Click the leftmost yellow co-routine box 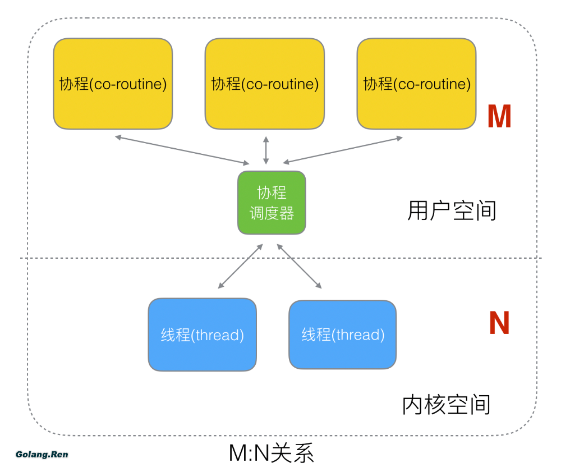tap(113, 84)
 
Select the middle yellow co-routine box tap(265, 84)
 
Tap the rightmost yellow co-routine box tap(416, 84)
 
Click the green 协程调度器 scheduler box tap(272, 203)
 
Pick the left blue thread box tap(202, 335)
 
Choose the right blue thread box tap(342, 335)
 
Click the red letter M tap(499, 117)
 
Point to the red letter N tap(499, 323)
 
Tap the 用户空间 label tap(452, 211)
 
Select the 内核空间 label tap(447, 405)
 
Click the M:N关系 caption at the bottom tap(272, 453)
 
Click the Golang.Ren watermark tap(42, 454)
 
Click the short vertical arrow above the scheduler tap(266, 150)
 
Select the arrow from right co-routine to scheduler tap(343, 150)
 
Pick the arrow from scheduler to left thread tap(240, 266)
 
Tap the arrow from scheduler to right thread tap(300, 266)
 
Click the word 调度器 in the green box tap(272, 213)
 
